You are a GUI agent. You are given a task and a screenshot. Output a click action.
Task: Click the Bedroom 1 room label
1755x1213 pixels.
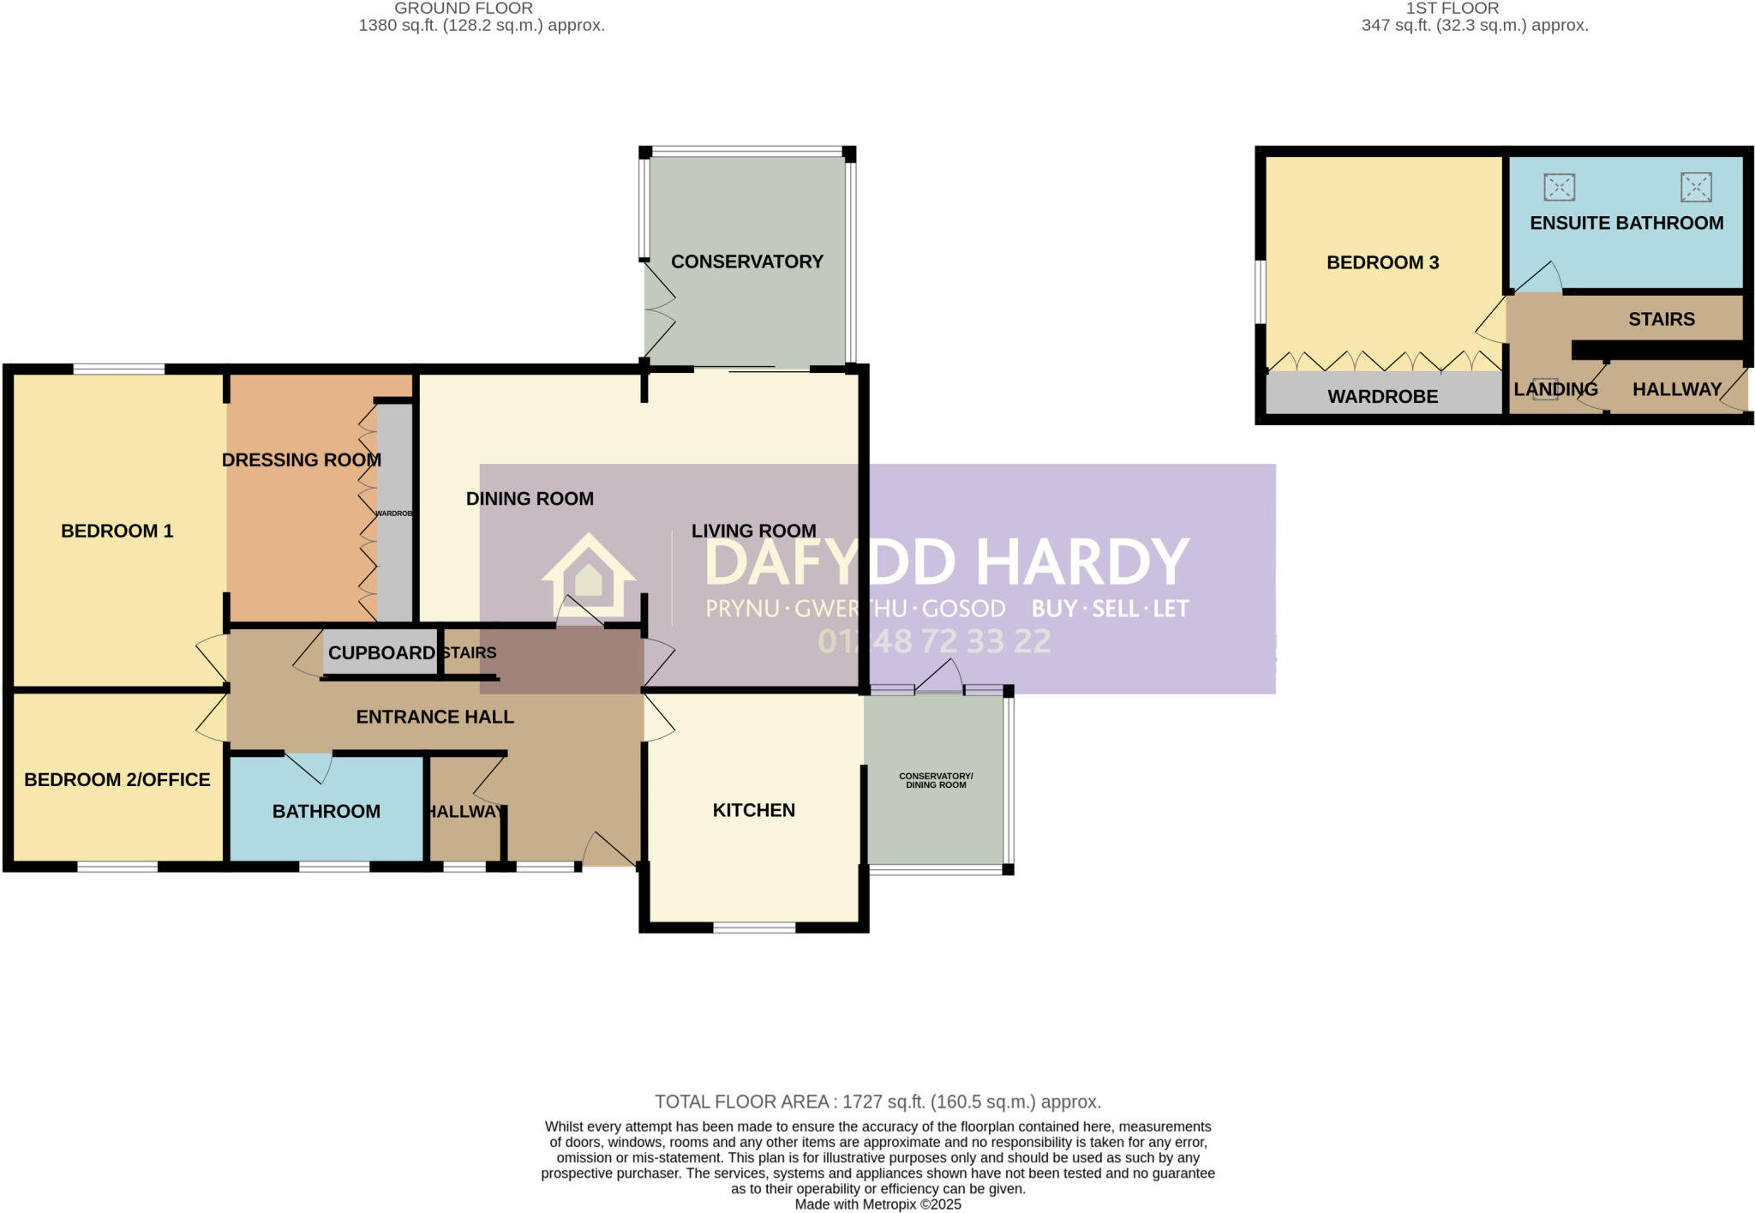[x=117, y=531]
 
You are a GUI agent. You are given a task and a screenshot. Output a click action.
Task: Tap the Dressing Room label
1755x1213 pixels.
[x=301, y=459]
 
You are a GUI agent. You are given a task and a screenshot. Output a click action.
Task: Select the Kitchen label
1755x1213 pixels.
[x=753, y=810]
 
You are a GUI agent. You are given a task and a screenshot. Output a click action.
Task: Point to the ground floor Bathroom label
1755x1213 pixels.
[x=326, y=811]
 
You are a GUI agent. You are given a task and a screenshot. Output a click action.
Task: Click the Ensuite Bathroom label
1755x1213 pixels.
[x=1626, y=223]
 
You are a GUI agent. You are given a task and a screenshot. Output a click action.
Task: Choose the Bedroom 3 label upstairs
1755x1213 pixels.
[x=1382, y=262]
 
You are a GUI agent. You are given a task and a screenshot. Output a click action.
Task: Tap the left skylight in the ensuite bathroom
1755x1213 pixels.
[x=1559, y=187]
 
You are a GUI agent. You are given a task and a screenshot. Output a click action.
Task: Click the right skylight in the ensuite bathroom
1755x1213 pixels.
[x=1695, y=187]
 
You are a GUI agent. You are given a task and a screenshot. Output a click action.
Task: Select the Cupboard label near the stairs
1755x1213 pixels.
[x=381, y=653]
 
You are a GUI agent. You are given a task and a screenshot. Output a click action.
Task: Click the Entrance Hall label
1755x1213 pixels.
[x=434, y=717]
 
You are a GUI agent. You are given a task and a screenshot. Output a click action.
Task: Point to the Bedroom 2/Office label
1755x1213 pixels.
[x=117, y=779]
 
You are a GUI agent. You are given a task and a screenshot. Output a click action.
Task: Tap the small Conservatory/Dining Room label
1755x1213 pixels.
[x=935, y=780]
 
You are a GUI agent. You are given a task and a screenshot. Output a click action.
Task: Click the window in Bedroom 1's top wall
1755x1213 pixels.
[x=118, y=369]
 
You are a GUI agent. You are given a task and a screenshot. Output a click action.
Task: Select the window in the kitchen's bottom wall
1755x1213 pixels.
[x=754, y=927]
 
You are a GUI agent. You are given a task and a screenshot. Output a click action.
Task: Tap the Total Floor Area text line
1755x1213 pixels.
[x=877, y=1102]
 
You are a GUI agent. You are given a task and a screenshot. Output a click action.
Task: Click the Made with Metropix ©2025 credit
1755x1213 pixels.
[x=877, y=1204]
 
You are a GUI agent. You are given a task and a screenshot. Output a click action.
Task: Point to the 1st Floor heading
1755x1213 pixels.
[x=1452, y=9]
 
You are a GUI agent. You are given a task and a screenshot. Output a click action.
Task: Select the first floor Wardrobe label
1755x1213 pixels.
[x=1382, y=397]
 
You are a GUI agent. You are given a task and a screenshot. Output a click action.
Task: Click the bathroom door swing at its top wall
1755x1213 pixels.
[x=310, y=766]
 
